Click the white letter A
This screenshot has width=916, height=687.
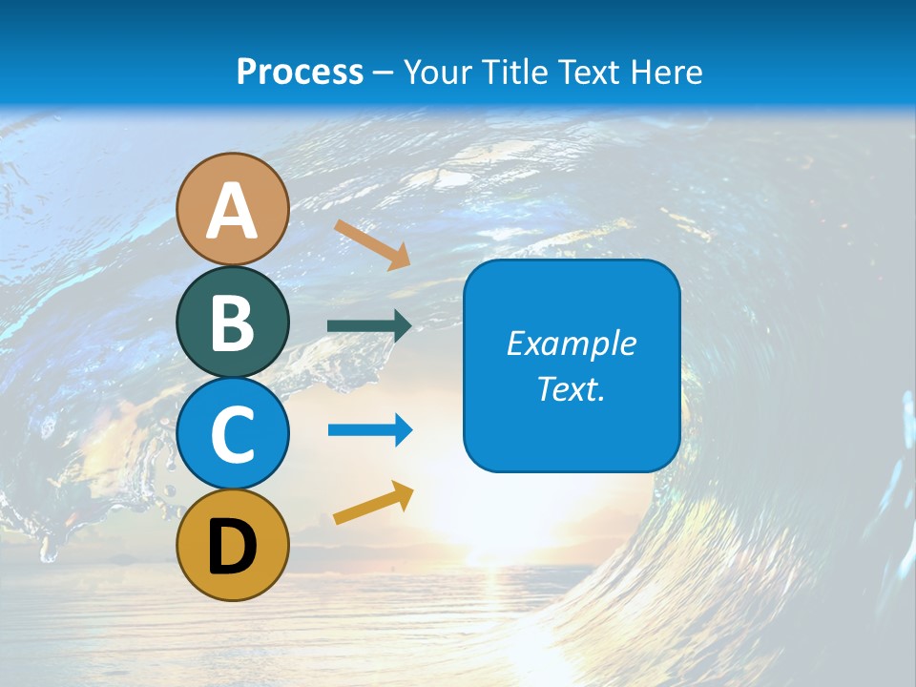click(233, 212)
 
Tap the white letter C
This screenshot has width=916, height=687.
click(233, 434)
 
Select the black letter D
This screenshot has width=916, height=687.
click(233, 547)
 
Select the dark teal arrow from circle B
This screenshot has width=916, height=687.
click(369, 326)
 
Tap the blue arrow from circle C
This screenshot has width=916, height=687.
click(370, 430)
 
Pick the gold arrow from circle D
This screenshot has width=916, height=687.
click(373, 503)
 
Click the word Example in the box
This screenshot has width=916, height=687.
click(572, 343)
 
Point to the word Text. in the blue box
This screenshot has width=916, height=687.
click(572, 389)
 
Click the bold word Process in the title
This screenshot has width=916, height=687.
click(300, 72)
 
